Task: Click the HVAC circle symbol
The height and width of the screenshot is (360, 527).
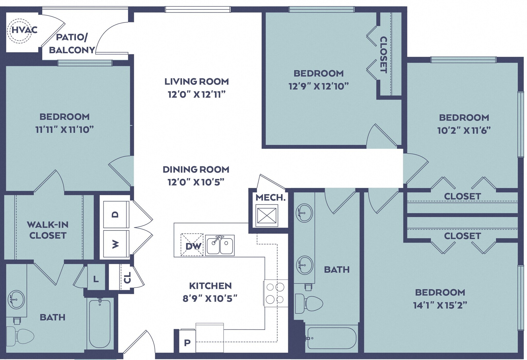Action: coord(19,31)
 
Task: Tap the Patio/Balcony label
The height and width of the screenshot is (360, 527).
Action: coord(72,43)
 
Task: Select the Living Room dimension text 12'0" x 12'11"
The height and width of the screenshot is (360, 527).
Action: coord(197,94)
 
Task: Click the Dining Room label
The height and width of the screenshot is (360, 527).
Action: coord(196,169)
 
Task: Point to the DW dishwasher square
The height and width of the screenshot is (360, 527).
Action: coord(192,245)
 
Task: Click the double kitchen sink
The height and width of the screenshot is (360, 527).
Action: coord(220,245)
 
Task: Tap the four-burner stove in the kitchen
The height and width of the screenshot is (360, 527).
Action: coord(275,293)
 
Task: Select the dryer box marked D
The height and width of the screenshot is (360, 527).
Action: coord(116,214)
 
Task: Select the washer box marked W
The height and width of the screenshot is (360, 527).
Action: coord(116,244)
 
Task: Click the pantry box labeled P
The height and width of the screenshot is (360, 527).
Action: coord(187,342)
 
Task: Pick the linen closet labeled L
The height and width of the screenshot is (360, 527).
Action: coord(96,279)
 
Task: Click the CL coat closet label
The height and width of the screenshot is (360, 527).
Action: coord(127,278)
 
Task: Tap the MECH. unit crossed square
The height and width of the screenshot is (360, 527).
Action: coord(267,215)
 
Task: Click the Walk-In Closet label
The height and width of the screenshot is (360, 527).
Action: coord(48,230)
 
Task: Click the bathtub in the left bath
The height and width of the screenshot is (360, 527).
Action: coord(100,324)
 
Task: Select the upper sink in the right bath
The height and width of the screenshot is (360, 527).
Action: coord(304,213)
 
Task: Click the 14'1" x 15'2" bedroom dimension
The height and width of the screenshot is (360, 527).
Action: coord(440,305)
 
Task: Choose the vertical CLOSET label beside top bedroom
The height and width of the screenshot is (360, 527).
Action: coord(383,55)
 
